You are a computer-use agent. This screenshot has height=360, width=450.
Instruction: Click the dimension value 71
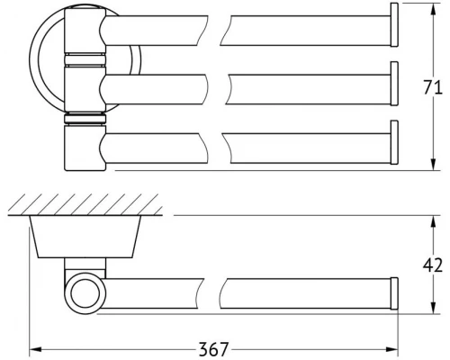click(x=433, y=87)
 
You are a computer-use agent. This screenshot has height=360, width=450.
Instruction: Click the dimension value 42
click(x=433, y=265)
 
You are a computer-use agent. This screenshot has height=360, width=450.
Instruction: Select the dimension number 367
click(x=213, y=349)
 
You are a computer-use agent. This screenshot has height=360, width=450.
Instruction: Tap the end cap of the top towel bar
click(x=394, y=24)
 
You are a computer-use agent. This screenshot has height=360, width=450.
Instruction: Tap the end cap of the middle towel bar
click(x=394, y=84)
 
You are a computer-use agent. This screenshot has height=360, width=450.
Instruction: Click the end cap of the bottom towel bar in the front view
click(x=394, y=142)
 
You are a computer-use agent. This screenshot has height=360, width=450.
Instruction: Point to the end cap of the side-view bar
click(x=394, y=293)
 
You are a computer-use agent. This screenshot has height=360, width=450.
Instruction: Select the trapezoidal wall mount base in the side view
click(x=85, y=237)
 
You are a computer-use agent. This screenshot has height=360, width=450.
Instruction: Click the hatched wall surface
click(x=85, y=204)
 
